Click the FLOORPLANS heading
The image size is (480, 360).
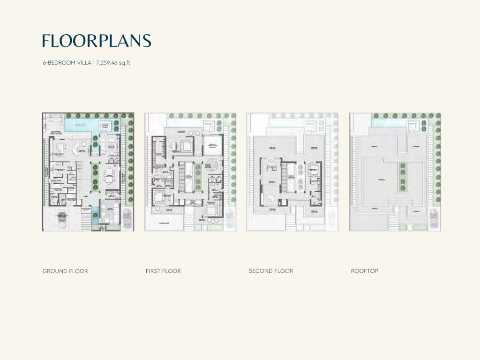coord(97,41)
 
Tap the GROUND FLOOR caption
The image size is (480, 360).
coord(65,271)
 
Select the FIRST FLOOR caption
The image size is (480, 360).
coord(163,271)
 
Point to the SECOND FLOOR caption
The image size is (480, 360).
coord(271,271)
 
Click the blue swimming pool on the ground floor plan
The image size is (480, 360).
coord(82,125)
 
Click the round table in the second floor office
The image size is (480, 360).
coord(270,200)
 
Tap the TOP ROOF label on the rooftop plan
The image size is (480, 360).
coord(381,180)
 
